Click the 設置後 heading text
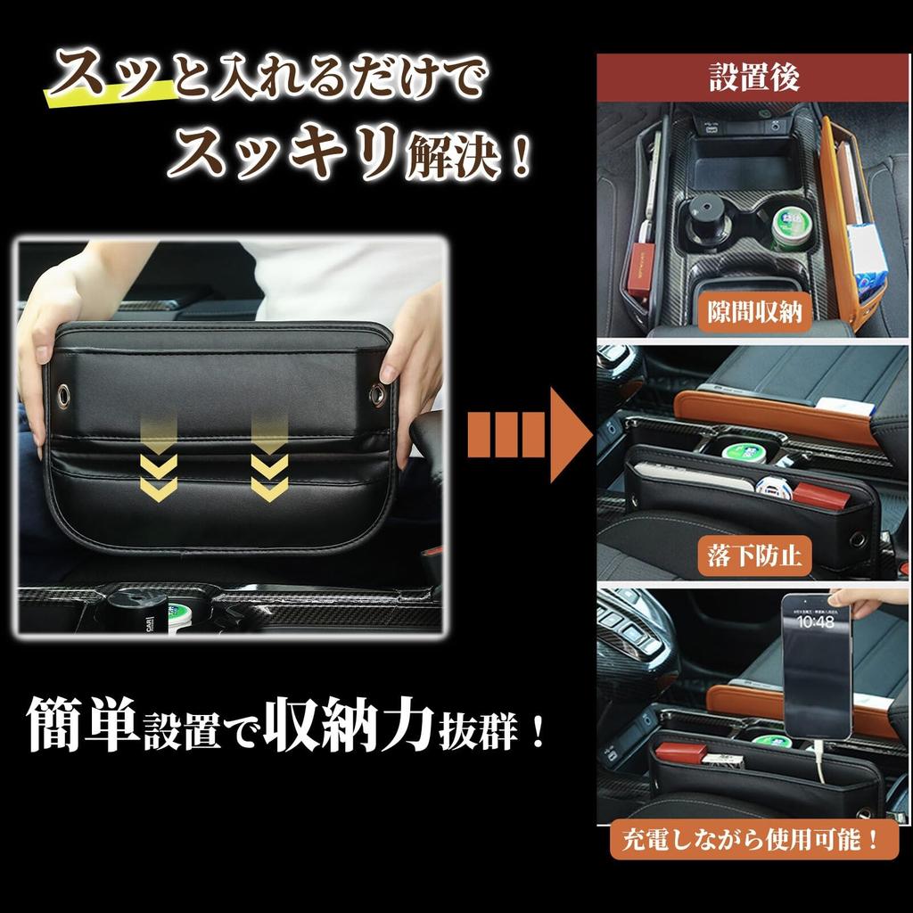click(x=754, y=78)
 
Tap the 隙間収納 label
click(x=754, y=313)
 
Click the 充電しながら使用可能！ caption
click(x=754, y=839)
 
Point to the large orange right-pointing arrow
click(x=530, y=435)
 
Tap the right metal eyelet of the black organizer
click(x=377, y=392)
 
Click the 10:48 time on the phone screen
click(x=814, y=621)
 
